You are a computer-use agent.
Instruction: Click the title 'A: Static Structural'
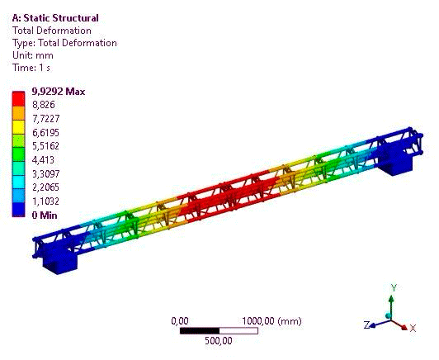(x=55, y=18)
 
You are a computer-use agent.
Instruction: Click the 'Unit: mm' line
(x=33, y=55)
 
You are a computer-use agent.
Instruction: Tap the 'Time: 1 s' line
(x=31, y=68)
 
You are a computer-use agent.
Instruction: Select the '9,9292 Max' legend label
(x=59, y=92)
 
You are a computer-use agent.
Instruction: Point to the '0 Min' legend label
(x=45, y=216)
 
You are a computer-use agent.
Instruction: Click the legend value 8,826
(x=44, y=105)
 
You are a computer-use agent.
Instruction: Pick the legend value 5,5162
(x=45, y=146)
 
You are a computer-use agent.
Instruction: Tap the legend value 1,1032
(x=45, y=201)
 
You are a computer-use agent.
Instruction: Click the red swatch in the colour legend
(x=18, y=99)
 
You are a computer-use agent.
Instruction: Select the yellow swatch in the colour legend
(x=18, y=127)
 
